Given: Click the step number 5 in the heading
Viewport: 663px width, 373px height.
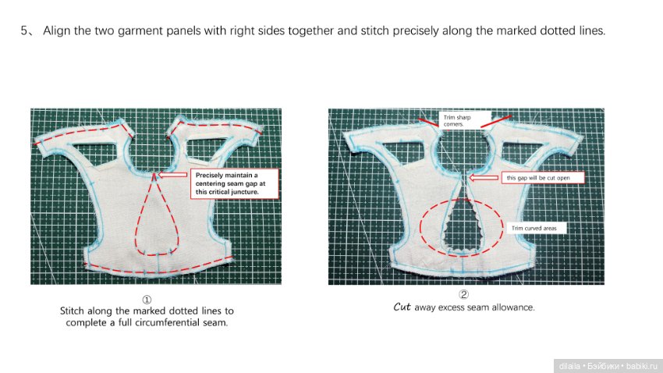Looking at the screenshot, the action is pos(24,31).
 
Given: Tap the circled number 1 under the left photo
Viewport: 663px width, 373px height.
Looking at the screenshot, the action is pos(147,300).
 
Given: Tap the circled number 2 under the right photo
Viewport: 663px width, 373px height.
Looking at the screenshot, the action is pos(464,295).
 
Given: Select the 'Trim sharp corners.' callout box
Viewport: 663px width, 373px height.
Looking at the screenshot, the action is pos(465,120).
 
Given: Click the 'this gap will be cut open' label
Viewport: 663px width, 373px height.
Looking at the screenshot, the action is pos(543,178).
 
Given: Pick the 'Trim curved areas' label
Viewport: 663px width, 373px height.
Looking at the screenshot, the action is pos(536,229).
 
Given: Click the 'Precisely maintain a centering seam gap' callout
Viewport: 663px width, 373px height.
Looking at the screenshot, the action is pos(235,183).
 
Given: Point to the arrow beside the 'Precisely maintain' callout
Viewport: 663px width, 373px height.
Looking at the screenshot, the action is pos(172,175).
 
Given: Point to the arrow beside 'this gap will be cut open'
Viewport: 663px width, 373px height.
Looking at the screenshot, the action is pos(484,178).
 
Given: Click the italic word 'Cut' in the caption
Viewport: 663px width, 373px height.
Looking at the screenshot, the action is pos(402,307).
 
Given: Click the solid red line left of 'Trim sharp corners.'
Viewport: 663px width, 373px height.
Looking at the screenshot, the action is pos(429,123).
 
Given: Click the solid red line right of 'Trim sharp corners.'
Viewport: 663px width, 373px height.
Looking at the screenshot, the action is pos(496,121).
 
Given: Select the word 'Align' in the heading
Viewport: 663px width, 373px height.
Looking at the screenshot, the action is pos(57,31).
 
